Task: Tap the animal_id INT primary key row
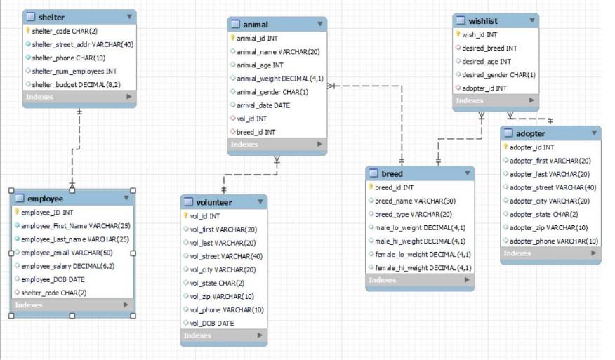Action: pyautogui.click(x=258, y=39)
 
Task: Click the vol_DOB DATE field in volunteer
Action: pyautogui.click(x=211, y=323)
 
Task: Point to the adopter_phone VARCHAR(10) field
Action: pyautogui.click(x=553, y=241)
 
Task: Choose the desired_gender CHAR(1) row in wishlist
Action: pyautogui.click(x=498, y=75)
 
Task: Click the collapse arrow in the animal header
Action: pyautogui.click(x=320, y=24)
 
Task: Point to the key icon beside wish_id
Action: pyautogui.click(x=458, y=34)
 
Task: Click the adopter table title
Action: pyautogui.click(x=530, y=133)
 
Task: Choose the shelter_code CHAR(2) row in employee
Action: pyautogui.click(x=53, y=293)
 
